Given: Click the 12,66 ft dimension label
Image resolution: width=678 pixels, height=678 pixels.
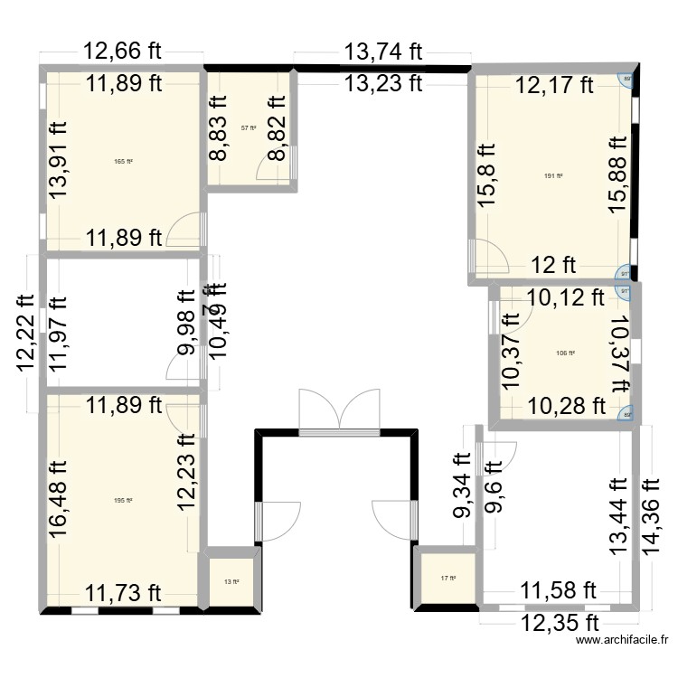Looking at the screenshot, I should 124,52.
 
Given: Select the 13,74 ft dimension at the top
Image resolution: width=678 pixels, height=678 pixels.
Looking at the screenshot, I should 382,52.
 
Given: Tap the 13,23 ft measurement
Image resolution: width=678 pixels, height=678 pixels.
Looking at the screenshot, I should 382,83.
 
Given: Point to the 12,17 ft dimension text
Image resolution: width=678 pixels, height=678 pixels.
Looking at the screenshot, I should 554,86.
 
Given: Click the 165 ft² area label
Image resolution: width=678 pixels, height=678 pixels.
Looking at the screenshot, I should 124,162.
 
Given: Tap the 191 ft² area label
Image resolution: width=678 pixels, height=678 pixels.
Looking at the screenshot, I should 553,177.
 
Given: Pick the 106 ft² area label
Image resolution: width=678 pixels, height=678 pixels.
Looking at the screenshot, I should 565,353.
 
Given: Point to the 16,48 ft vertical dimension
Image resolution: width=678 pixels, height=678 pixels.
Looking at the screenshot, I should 60,499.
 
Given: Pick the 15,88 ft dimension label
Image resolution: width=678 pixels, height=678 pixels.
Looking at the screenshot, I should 619,174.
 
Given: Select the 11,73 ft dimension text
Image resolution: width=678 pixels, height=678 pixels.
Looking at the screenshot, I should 124,592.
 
